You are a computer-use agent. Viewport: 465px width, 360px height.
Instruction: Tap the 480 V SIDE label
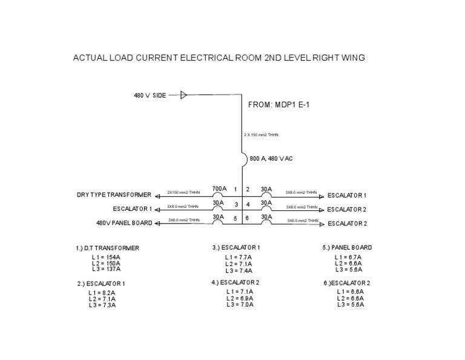[150, 95]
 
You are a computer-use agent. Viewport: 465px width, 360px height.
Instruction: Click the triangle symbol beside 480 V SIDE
[184, 95]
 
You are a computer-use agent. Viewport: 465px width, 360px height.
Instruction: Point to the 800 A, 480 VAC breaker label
[271, 159]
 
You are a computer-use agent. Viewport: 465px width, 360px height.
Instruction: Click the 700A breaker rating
[219, 188]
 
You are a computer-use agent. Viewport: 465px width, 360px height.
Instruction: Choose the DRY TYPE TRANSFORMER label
[114, 195]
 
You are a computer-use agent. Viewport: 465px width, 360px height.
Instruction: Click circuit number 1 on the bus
[236, 190]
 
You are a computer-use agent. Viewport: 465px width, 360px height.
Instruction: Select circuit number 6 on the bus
[248, 218]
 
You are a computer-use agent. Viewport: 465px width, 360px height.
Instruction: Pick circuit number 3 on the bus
[236, 204]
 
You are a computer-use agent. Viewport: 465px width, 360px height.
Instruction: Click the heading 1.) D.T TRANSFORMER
[108, 248]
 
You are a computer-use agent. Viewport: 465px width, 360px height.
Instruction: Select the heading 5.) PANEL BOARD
[347, 247]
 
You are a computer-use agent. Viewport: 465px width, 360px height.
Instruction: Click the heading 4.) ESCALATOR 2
[236, 282]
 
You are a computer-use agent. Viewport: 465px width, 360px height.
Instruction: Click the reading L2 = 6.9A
[239, 298]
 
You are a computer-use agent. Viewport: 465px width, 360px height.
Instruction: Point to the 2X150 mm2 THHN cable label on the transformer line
[183, 193]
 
